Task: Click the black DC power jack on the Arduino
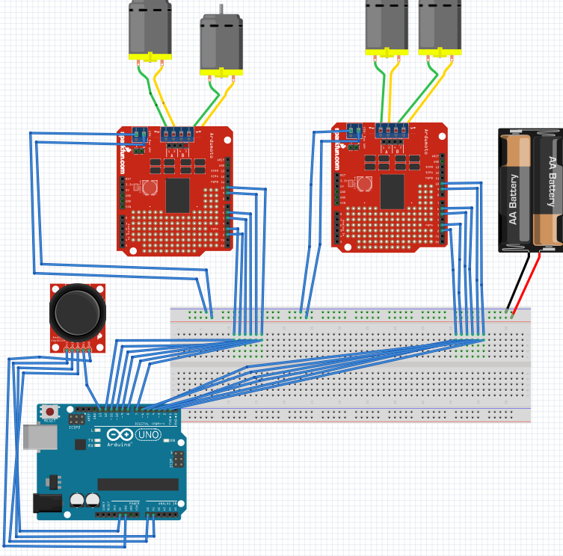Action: pos(45,504)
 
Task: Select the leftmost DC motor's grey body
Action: pos(150,28)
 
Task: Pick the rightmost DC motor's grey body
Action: pos(440,25)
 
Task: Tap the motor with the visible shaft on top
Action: pos(221,45)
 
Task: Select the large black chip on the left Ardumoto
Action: pos(177,195)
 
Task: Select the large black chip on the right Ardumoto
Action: pos(392,191)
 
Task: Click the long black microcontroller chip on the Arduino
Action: pos(138,484)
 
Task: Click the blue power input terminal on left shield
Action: pos(139,135)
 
